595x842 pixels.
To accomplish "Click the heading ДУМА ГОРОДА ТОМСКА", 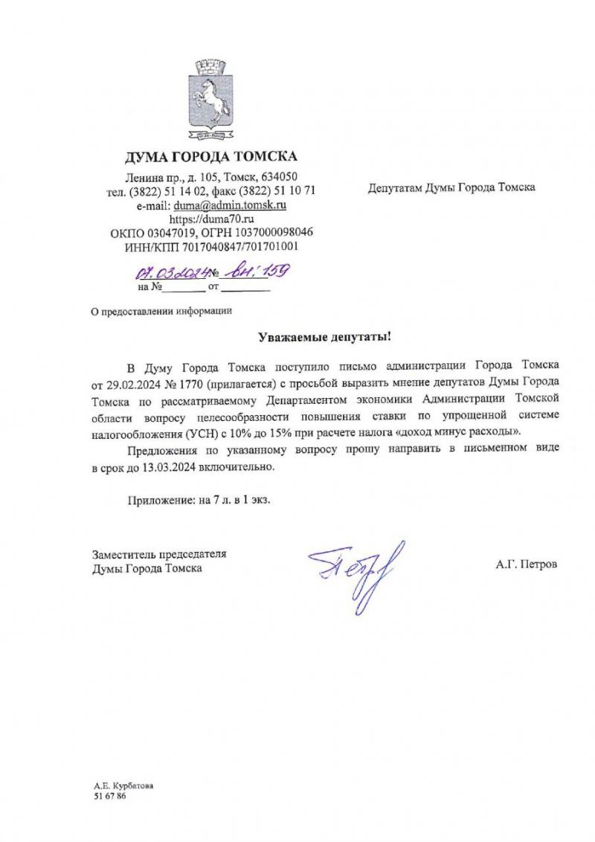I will [211, 156].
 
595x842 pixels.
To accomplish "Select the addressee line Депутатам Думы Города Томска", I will [452, 187].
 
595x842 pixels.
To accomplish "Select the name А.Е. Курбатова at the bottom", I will [124, 785].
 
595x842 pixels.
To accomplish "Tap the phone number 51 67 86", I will [107, 796].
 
